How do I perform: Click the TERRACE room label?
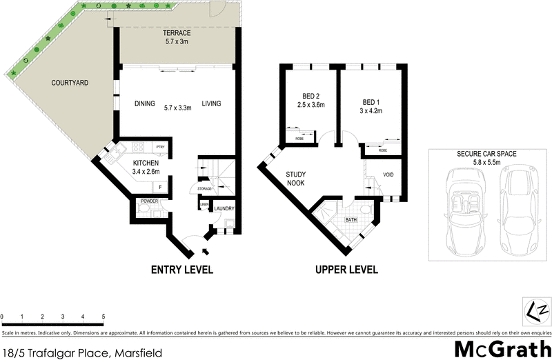(177, 33)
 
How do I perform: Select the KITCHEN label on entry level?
(146, 163)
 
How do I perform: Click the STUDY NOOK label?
(301, 179)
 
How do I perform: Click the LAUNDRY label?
(224, 208)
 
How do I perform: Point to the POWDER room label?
(149, 201)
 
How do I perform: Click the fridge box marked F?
(160, 186)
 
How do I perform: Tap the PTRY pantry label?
(160, 147)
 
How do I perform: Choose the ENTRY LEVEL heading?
(182, 270)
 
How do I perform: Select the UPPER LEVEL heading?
(346, 270)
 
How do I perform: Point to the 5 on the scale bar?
(103, 317)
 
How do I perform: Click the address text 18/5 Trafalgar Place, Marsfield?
(82, 352)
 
